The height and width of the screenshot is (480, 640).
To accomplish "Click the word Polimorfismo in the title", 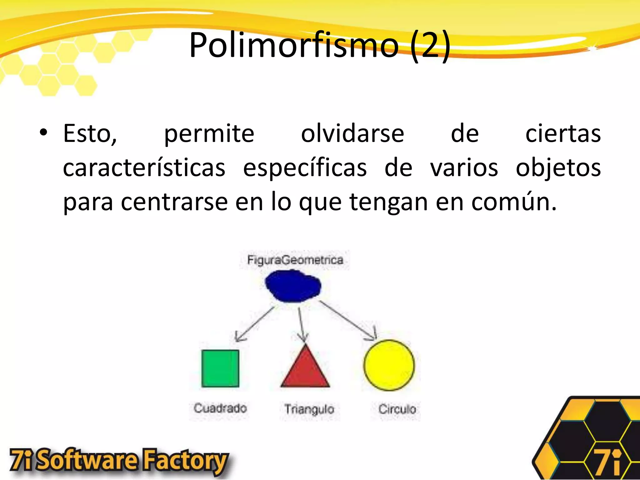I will (x=294, y=45).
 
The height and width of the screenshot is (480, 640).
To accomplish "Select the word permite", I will (x=209, y=134).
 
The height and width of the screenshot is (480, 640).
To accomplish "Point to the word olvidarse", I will (x=352, y=134).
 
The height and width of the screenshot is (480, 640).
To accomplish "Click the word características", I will (x=144, y=168).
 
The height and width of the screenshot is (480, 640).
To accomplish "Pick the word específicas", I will (x=305, y=168).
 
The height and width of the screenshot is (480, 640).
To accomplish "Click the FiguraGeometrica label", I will (x=295, y=260).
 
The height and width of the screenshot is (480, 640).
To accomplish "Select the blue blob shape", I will (x=293, y=286).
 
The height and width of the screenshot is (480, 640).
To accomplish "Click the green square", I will (x=220, y=368).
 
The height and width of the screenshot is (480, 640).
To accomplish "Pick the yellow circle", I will (x=389, y=365).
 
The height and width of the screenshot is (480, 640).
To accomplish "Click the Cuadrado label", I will (x=220, y=408).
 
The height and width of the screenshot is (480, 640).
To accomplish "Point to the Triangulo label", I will (x=309, y=409).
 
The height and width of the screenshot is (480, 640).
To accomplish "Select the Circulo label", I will (x=397, y=409).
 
